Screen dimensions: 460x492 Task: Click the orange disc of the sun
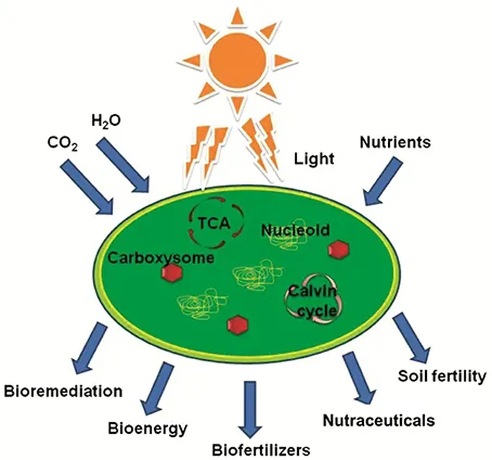pyautogui.click(x=238, y=58)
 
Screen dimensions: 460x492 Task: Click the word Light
pyautogui.click(x=314, y=158)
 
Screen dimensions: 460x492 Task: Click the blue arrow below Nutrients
pyautogui.click(x=383, y=181)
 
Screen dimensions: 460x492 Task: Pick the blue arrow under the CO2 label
pyautogui.click(x=86, y=188)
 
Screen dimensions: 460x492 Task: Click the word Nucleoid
pyautogui.click(x=295, y=230)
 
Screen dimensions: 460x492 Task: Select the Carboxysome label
pyautogui.click(x=160, y=257)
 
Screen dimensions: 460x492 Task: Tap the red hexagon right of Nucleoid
pyautogui.click(x=338, y=249)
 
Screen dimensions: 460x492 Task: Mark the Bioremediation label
pyautogui.click(x=63, y=390)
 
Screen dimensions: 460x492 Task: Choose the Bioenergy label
pyautogui.click(x=147, y=427)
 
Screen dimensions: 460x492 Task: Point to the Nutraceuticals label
pyautogui.click(x=379, y=420)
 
